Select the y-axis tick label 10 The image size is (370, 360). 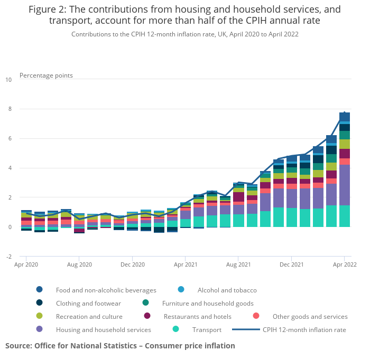tap(8, 80)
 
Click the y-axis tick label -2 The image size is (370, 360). tap(8, 257)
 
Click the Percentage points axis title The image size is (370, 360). tap(46, 75)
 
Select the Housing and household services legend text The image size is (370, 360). tap(104, 330)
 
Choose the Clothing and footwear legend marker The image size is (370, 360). tap(40, 304)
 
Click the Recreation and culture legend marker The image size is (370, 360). tap(40, 317)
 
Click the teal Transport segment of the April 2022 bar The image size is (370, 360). tap(345, 216)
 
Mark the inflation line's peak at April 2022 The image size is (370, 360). tap(345, 112)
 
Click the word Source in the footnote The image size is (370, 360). tap(20, 346)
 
